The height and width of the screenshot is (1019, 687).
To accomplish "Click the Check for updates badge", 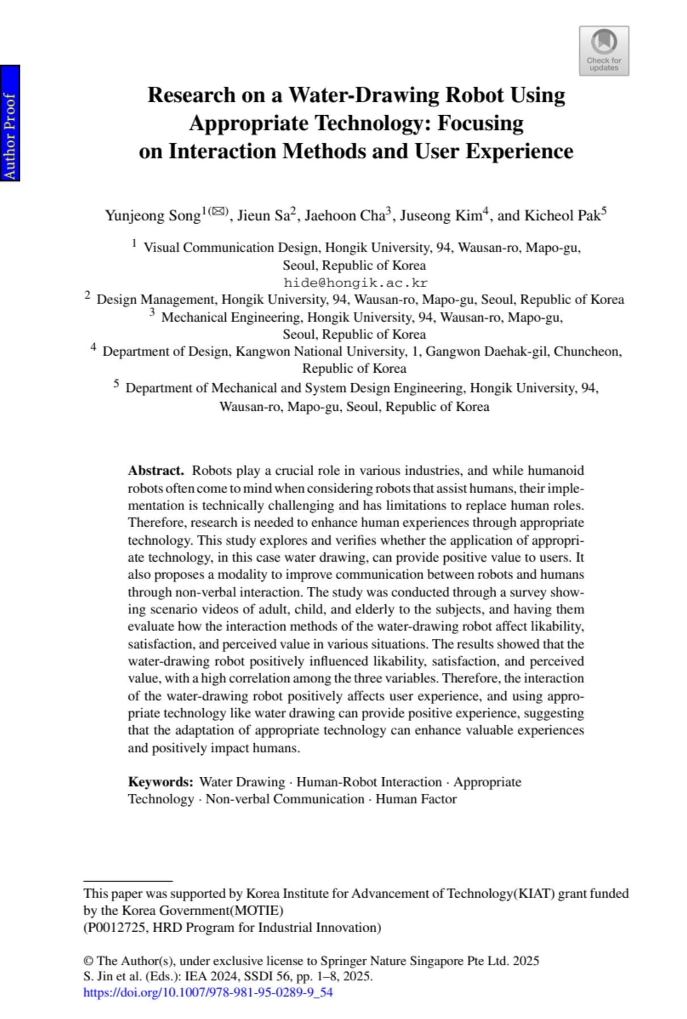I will click(604, 50).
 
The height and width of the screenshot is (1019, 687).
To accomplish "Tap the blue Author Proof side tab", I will click(10, 123).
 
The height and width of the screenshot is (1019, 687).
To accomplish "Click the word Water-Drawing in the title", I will click(364, 95).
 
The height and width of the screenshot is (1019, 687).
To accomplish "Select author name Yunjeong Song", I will click(153, 216).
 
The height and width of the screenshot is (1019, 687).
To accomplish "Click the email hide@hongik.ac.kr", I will click(355, 283).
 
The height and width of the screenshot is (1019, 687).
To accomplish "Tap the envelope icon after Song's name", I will click(218, 212).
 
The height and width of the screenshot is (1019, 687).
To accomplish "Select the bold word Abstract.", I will click(155, 470).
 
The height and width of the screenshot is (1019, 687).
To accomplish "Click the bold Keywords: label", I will click(161, 782).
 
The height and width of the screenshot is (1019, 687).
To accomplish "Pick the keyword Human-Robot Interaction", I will click(369, 782).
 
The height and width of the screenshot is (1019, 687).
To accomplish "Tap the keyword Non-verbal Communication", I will click(285, 799).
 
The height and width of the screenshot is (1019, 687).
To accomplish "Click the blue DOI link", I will click(208, 992).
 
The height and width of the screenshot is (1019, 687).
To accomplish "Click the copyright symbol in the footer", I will click(88, 961).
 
